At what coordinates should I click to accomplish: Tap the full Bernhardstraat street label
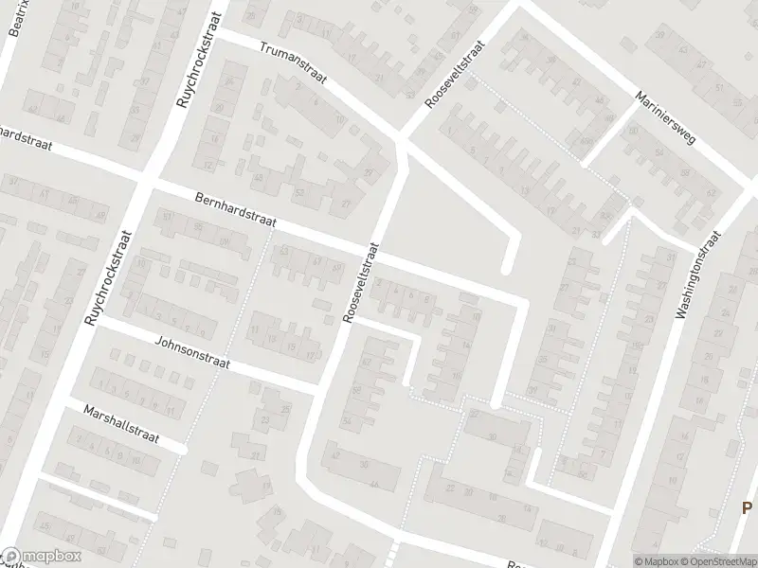tap(233, 210)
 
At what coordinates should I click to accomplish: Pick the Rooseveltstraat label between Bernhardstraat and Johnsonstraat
tap(362, 283)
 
